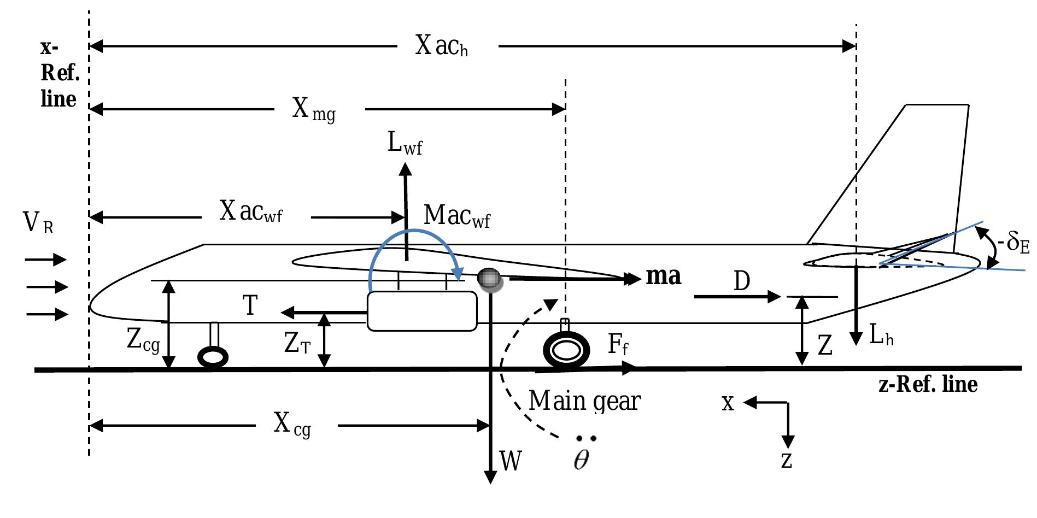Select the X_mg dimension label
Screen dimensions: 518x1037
[314, 111]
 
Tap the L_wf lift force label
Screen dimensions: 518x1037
[405, 145]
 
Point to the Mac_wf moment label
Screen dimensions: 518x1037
[457, 216]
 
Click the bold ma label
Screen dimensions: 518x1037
[664, 276]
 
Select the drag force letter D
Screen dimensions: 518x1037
[742, 282]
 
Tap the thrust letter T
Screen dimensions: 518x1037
[250, 306]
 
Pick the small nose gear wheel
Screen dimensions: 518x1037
[213, 358]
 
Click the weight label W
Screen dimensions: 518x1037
[511, 462]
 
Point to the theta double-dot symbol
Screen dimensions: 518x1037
[583, 456]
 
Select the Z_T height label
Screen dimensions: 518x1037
[297, 344]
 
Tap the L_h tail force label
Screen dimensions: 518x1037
[881, 337]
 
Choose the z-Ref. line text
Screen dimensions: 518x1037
[928, 385]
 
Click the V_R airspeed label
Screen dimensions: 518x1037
[38, 223]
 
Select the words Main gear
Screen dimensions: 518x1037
[584, 402]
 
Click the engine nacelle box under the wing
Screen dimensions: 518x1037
[421, 311]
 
